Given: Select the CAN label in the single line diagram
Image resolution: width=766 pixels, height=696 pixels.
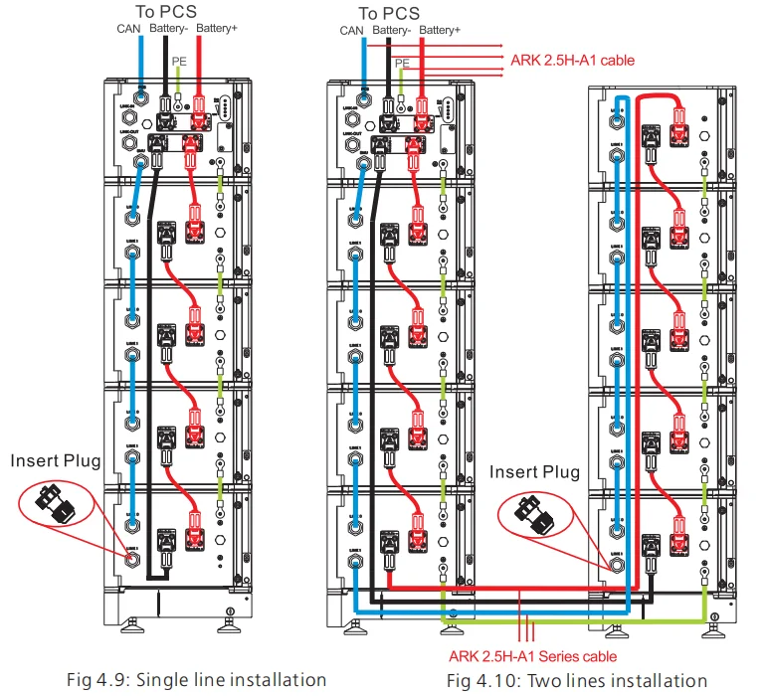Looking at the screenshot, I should point(128,31).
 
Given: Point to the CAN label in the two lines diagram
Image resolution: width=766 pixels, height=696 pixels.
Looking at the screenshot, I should point(351,31).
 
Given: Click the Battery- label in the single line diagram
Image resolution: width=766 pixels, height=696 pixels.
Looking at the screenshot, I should point(168,31).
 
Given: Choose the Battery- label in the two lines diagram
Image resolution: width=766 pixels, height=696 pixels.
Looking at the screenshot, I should point(391,31).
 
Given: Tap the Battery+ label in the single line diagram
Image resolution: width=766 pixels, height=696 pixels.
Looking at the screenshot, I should point(216,31).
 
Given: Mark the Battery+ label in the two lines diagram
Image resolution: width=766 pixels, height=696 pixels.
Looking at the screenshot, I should point(439,31).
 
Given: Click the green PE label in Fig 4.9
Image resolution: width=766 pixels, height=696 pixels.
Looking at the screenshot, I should point(178,61).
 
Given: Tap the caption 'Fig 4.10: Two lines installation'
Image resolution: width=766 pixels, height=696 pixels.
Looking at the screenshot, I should point(576,681).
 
